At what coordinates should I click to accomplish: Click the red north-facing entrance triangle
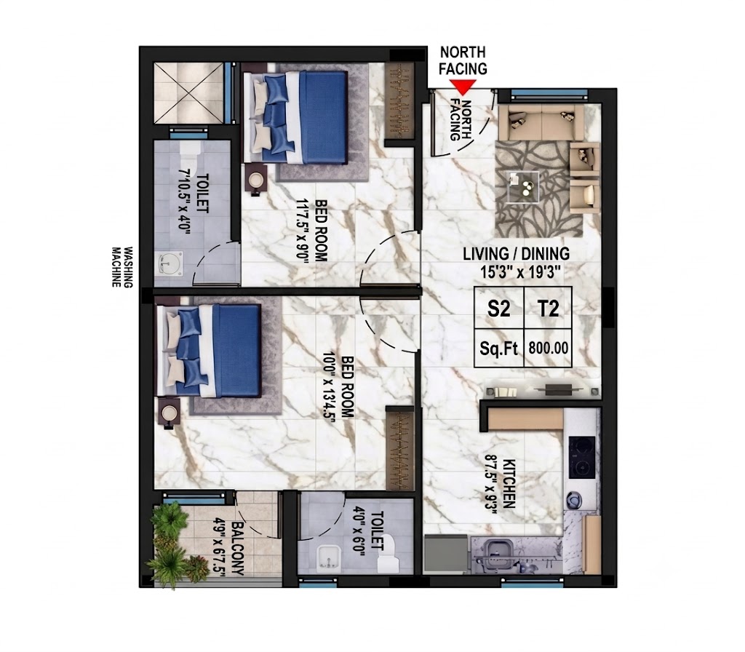[x=463, y=87]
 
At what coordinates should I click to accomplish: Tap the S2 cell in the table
[x=499, y=308]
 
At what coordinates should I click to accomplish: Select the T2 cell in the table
[x=549, y=308]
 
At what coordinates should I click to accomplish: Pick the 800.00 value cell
[x=549, y=348]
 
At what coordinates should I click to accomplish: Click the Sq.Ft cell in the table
[x=499, y=348]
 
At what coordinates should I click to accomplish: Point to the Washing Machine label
[x=121, y=267]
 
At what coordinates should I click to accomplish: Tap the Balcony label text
[x=238, y=549]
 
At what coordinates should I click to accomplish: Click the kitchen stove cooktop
[x=581, y=457]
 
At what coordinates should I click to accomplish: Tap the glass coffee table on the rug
[x=522, y=187]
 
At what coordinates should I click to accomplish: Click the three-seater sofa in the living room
[x=541, y=122]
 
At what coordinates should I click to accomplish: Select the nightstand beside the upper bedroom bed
[x=257, y=180]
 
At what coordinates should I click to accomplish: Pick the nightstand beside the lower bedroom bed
[x=168, y=413]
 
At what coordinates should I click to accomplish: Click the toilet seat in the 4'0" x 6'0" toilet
[x=389, y=554]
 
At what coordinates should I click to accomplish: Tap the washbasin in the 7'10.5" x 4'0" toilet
[x=170, y=263]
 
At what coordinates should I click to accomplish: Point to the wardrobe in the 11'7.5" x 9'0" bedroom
[x=400, y=101]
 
